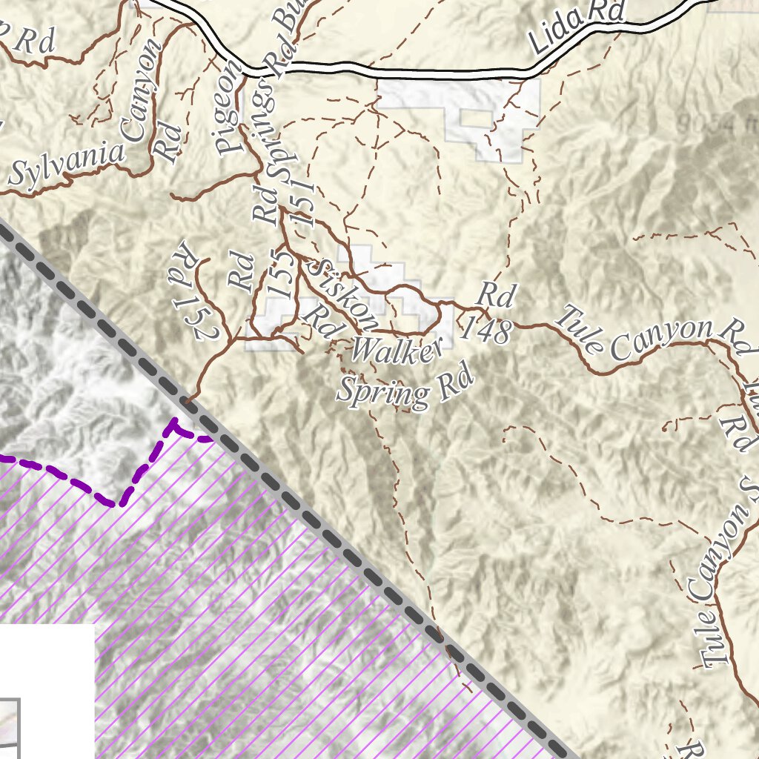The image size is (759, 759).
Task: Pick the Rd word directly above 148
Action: coord(495,295)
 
